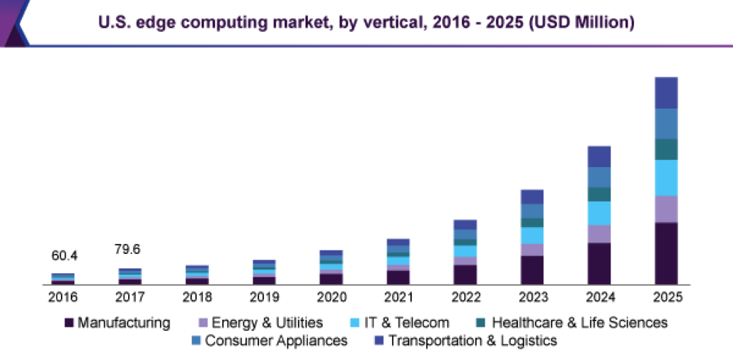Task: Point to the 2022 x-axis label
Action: (x=465, y=297)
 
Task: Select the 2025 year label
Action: (x=666, y=297)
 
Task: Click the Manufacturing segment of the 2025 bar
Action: (x=666, y=253)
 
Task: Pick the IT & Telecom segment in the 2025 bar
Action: (x=666, y=178)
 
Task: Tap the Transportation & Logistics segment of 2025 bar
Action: (x=666, y=93)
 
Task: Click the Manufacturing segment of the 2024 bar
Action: (x=599, y=263)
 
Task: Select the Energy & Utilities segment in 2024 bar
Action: (x=599, y=234)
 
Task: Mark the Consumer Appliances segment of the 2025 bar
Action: (x=666, y=124)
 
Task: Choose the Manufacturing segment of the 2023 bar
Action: (x=532, y=269)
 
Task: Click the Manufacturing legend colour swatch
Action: (x=69, y=323)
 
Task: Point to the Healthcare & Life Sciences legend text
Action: (x=579, y=323)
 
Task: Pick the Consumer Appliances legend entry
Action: (x=275, y=341)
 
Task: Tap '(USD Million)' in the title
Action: (x=579, y=23)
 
